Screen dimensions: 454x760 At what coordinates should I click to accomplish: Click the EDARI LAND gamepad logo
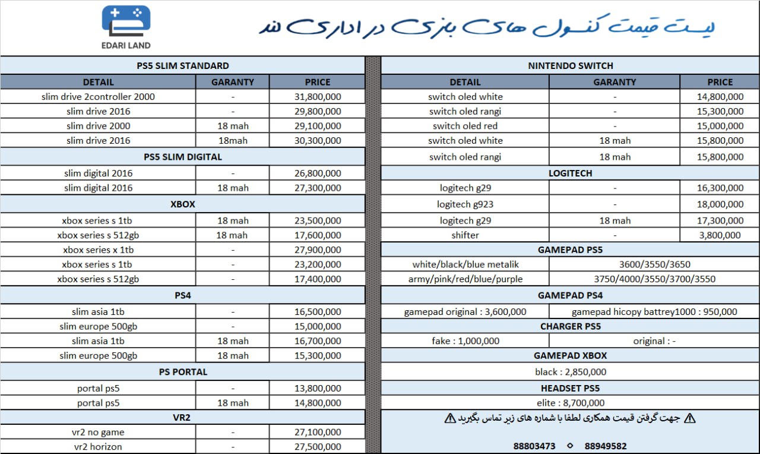(x=126, y=23)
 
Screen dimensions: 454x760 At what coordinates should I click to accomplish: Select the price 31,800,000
(x=318, y=97)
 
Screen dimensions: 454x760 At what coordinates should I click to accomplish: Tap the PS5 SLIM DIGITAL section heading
(x=183, y=157)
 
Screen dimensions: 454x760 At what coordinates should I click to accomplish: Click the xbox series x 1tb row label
(x=98, y=250)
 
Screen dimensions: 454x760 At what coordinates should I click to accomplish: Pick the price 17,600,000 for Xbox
(x=318, y=235)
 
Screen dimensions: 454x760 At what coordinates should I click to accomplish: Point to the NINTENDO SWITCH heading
(x=570, y=66)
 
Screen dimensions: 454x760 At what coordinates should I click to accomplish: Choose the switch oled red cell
(x=465, y=126)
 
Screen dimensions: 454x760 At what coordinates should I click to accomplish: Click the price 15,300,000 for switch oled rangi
(x=720, y=112)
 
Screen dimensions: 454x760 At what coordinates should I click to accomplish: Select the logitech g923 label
(x=465, y=204)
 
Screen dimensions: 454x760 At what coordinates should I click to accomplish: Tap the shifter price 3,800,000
(x=720, y=235)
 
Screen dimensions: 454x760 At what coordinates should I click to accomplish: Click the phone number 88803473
(x=534, y=446)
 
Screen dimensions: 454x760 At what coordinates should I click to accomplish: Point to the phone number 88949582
(x=606, y=446)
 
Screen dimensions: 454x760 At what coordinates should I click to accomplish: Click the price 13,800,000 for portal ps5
(x=318, y=389)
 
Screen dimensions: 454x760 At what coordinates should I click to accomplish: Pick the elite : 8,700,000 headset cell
(x=570, y=403)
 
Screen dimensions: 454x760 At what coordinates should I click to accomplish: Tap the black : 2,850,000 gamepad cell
(x=570, y=372)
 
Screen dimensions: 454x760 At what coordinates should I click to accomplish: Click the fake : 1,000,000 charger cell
(x=465, y=341)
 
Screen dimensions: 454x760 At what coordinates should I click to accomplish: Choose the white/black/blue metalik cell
(x=465, y=264)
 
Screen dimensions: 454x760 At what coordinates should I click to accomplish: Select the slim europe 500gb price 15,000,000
(x=318, y=326)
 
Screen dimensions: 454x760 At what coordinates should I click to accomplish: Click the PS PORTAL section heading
(x=183, y=372)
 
